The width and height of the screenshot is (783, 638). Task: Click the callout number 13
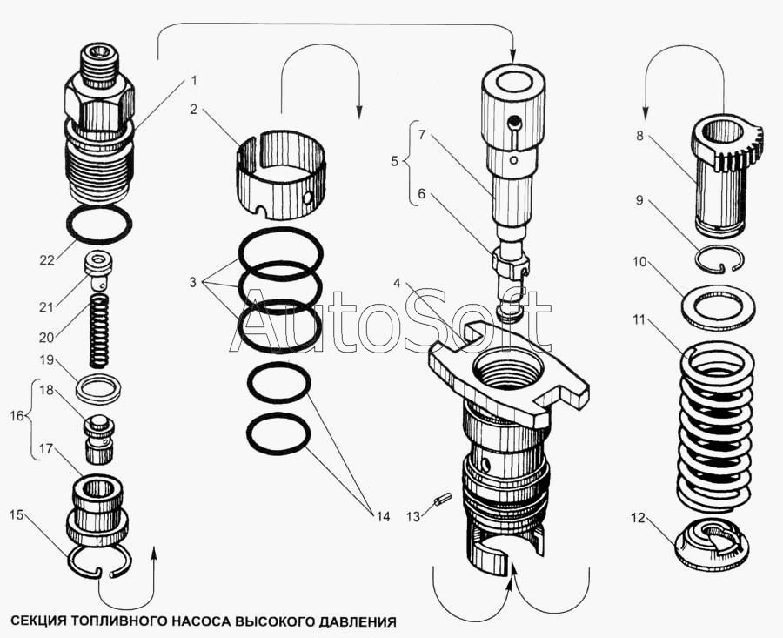413,517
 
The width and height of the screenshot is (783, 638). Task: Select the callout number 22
47,260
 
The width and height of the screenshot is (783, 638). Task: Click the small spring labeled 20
98,330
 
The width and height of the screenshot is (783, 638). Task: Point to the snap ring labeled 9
720,261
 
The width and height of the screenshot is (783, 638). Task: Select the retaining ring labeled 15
99,562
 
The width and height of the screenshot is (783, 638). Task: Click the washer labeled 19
99,387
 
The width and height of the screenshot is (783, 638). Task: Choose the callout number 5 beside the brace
394,162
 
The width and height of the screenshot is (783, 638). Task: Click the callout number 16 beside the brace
17,416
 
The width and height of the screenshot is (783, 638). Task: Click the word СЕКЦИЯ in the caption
37,621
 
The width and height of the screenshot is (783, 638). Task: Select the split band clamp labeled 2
281,175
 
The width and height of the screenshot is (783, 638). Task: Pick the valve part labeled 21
99,271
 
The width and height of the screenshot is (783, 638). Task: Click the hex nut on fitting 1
99,106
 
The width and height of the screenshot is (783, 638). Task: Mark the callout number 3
193,282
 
